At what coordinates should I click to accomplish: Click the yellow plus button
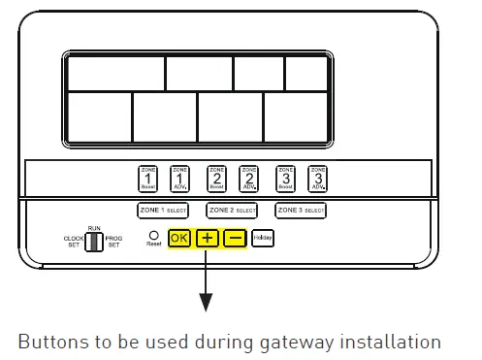[x=207, y=238]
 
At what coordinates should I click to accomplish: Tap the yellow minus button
[x=235, y=238]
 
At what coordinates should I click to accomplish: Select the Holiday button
[x=263, y=238]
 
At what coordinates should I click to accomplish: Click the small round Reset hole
[x=153, y=234]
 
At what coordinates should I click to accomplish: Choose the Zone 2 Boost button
[x=216, y=178]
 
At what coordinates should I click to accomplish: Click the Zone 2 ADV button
[x=248, y=178]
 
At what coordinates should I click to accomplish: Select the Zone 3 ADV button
[x=316, y=178]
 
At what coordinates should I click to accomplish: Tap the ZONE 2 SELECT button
[x=233, y=210]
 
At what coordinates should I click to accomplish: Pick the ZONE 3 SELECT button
[x=301, y=210]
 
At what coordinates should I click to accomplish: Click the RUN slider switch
[x=93, y=241]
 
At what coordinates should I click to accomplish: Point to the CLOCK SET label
[x=74, y=242]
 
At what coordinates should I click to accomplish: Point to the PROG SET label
[x=113, y=242]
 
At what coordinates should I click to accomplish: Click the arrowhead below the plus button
[x=206, y=306]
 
